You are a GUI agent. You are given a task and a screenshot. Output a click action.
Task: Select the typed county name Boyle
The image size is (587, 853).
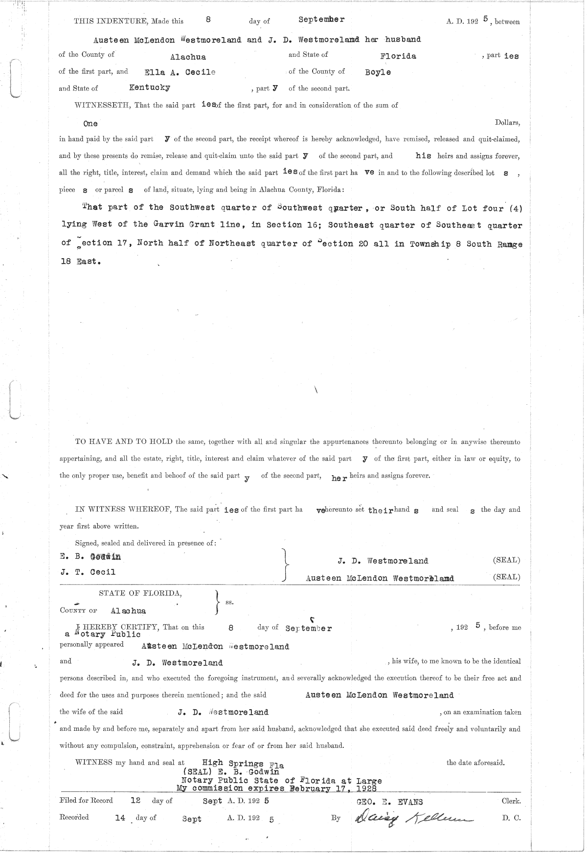coord(378,72)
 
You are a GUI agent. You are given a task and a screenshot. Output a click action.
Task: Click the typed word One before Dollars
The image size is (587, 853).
coord(90,124)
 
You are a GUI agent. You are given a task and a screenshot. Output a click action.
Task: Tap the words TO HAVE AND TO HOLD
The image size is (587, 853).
coord(124,441)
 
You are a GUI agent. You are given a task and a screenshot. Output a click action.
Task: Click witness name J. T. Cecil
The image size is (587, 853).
coord(88,572)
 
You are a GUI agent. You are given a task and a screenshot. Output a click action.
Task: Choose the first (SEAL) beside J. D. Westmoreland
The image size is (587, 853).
coord(506,560)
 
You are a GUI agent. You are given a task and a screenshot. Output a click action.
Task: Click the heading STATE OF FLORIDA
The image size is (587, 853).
coord(140,593)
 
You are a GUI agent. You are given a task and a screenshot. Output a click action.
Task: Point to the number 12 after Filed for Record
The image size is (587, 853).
coord(135,801)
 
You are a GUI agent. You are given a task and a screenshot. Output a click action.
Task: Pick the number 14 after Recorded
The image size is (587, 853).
coord(120,817)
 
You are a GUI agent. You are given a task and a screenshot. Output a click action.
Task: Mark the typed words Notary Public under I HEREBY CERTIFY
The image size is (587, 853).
coord(107,634)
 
